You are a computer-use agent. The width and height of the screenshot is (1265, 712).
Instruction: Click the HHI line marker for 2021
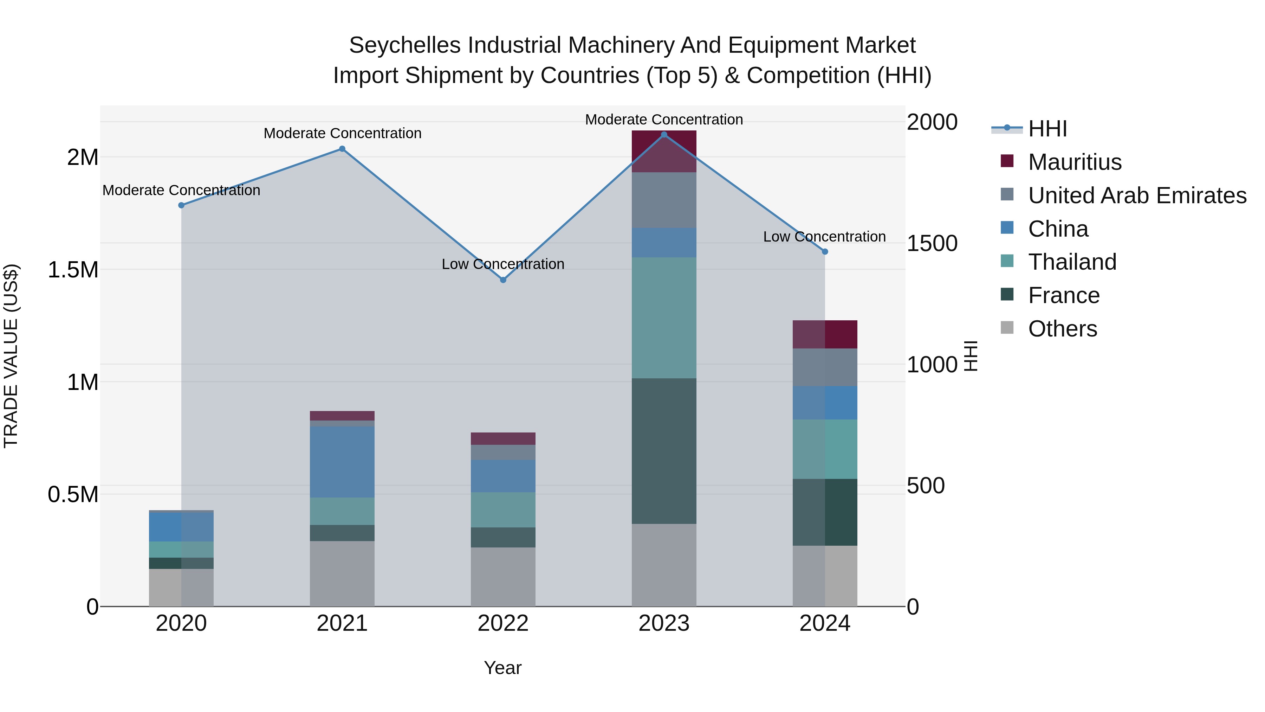tap(342, 149)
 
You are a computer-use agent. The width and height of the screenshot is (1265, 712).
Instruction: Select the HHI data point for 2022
tap(503, 280)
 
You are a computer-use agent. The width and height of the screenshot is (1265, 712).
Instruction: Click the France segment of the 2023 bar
tap(664, 451)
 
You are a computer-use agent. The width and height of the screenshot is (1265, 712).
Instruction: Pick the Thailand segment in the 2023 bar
tap(664, 317)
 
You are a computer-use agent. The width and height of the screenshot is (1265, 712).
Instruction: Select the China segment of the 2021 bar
tap(342, 462)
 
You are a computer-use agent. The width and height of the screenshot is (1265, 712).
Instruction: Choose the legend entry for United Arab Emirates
tap(1137, 195)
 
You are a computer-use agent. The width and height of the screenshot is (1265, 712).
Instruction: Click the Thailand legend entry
tap(1072, 262)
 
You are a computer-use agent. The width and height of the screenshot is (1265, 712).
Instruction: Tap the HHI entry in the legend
tap(1047, 129)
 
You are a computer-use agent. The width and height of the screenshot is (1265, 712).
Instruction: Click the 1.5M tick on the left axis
tap(73, 270)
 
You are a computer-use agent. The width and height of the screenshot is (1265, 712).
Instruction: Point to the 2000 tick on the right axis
tap(932, 122)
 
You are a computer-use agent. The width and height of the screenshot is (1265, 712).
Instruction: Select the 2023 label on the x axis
tap(664, 623)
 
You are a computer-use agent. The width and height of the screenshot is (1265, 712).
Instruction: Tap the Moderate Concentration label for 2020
tap(181, 190)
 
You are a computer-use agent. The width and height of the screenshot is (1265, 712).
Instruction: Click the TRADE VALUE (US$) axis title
tap(11, 356)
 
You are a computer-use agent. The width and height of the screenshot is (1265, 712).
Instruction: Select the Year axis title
tap(502, 668)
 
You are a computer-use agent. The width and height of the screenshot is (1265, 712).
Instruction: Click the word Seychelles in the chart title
tap(405, 45)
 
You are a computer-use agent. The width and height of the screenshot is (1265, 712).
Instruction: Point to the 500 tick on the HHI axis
tap(926, 486)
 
